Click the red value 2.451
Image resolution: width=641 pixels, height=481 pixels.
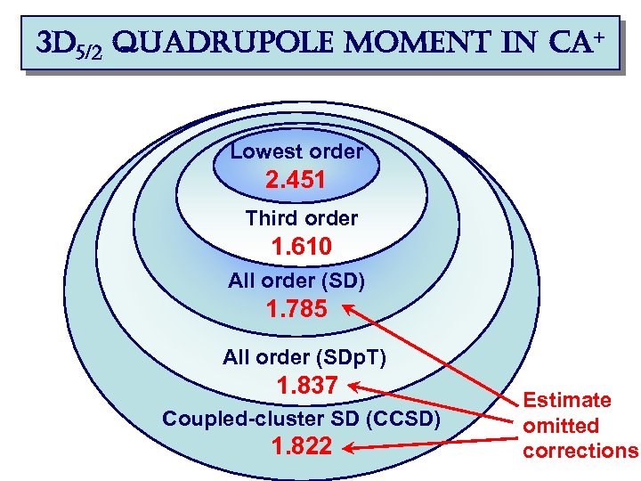click(x=296, y=182)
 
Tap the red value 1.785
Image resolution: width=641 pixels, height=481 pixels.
click(x=296, y=310)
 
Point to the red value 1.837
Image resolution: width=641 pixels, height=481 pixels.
click(x=307, y=387)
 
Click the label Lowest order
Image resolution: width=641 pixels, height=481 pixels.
click(x=296, y=151)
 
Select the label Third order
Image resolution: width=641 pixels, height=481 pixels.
click(x=301, y=218)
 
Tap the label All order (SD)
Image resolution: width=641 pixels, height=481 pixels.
click(x=296, y=281)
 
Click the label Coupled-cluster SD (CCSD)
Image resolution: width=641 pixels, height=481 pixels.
click(x=300, y=419)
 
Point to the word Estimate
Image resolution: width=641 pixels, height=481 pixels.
click(x=566, y=401)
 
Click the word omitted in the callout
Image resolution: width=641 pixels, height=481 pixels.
click(x=561, y=426)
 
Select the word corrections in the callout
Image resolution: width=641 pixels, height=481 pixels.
click(x=580, y=451)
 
